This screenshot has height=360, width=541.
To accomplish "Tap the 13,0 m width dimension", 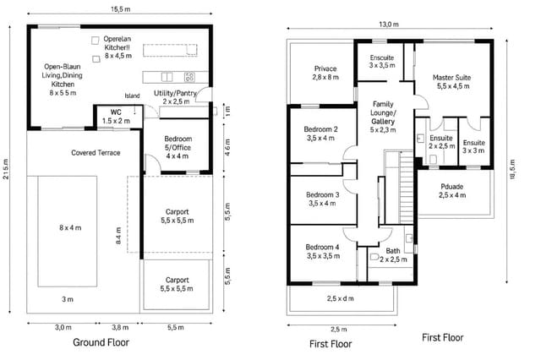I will pos(388,25).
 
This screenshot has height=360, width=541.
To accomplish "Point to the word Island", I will pos(132,95).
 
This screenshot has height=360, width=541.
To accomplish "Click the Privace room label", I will pos(325,73).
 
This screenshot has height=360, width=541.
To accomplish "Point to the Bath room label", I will pos(393,255).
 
